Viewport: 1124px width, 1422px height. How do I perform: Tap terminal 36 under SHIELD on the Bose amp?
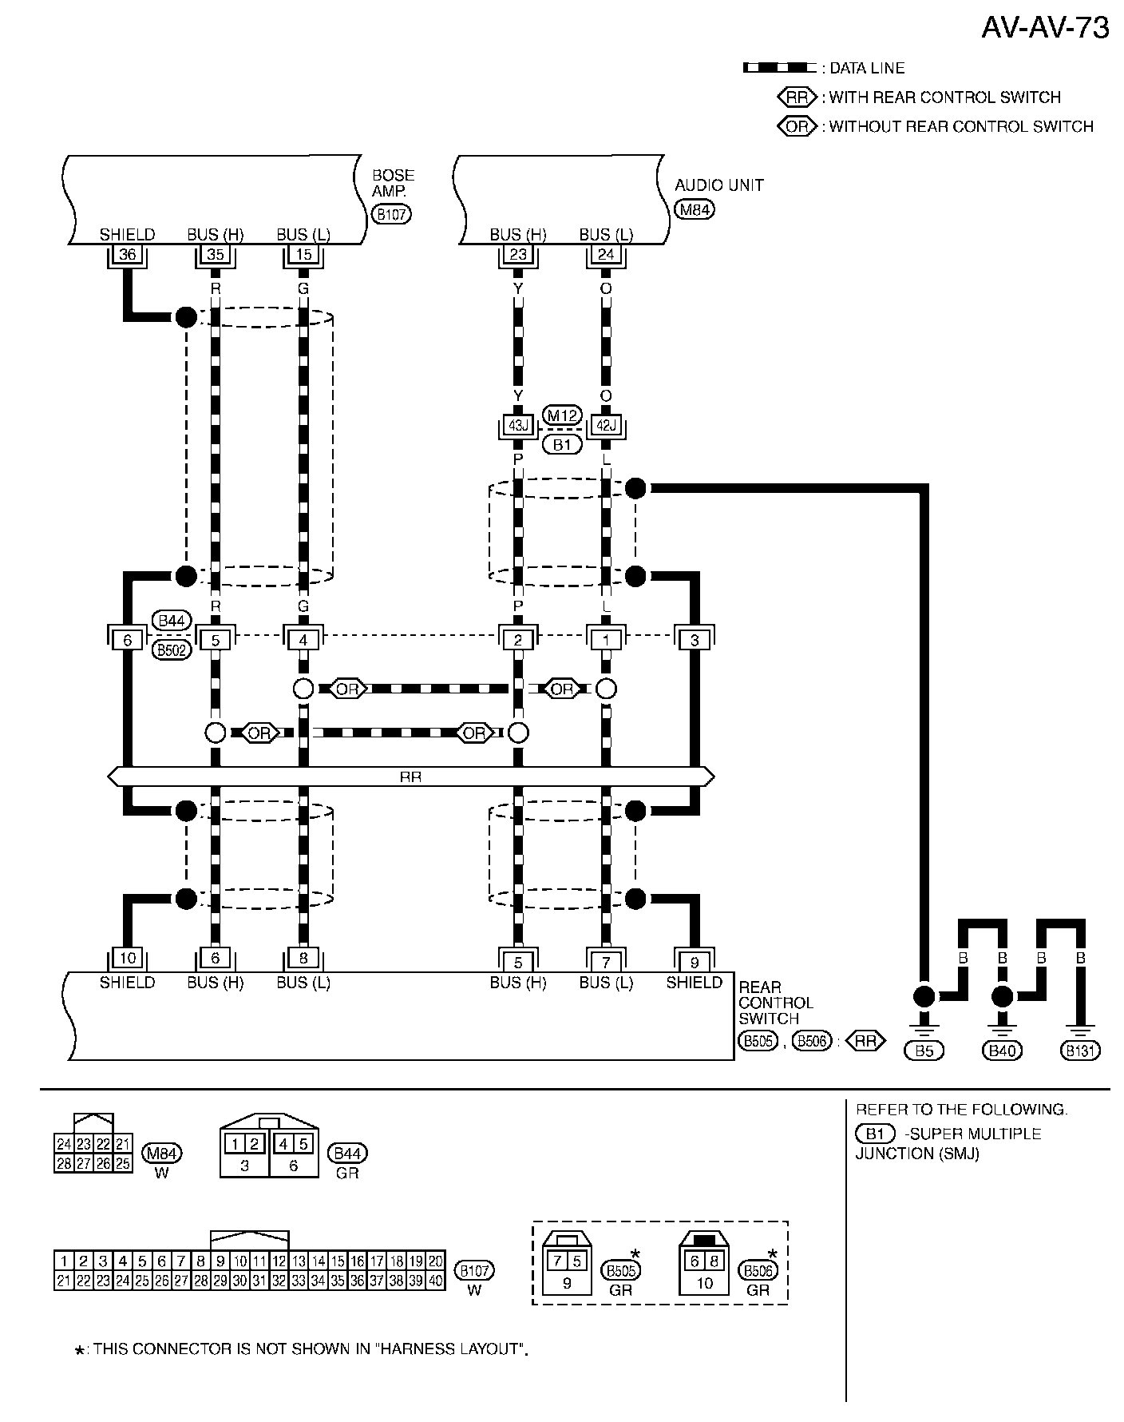coord(127,255)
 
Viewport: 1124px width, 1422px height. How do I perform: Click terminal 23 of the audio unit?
coord(518,255)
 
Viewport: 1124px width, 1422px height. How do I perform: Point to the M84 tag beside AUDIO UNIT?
coord(694,210)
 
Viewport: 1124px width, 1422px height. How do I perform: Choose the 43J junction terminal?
coord(518,426)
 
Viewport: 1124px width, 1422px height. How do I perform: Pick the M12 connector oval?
coord(562,415)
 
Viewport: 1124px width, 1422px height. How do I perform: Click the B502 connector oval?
coord(171,649)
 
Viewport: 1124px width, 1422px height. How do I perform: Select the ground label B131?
coord(1080,1051)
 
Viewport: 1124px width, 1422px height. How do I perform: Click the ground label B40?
coord(1001,1051)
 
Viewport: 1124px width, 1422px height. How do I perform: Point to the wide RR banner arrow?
coord(410,776)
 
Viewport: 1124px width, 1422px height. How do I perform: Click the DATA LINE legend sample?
coord(779,68)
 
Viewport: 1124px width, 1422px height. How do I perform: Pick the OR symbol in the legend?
coord(797,126)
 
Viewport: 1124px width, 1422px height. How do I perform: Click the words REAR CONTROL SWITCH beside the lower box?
coord(774,1003)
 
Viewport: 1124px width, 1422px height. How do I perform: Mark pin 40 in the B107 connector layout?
coord(435,1281)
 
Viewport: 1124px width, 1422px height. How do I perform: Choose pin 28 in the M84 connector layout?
coord(64,1163)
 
